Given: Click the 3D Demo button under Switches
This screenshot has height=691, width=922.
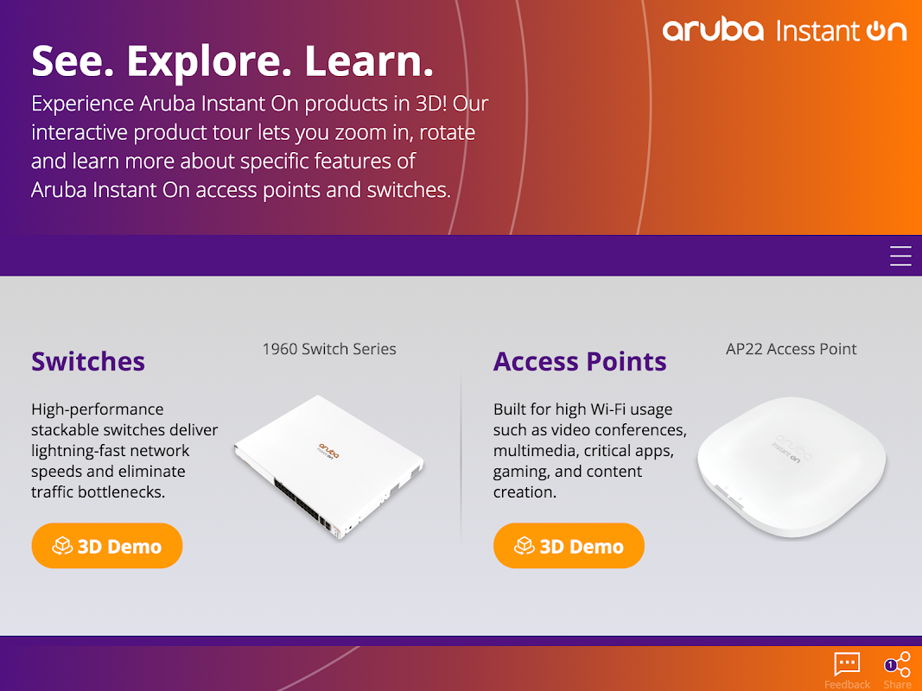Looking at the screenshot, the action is tap(107, 546).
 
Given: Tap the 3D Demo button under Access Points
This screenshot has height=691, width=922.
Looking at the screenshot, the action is tap(569, 546).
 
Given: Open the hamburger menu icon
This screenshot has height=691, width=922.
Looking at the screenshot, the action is tap(900, 257).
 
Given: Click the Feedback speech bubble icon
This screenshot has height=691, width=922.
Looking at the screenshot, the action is tap(847, 664).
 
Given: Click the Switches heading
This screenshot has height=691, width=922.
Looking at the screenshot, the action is tap(88, 361).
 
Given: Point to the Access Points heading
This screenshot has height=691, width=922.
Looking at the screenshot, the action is tap(580, 361).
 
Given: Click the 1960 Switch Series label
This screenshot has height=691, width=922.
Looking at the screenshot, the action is tap(329, 349).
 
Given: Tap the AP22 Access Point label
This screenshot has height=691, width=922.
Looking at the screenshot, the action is tap(791, 349).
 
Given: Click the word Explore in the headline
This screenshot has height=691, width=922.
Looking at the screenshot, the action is tap(209, 60).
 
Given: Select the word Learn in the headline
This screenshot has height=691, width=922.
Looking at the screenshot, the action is tap(369, 60).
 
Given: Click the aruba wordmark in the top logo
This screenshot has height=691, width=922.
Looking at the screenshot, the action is tap(713, 30).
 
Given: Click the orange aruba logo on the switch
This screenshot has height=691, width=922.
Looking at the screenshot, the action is tap(328, 451).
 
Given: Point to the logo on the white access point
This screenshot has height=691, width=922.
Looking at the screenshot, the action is tap(792, 449).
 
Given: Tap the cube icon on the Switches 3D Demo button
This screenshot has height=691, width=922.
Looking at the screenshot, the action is tap(62, 546).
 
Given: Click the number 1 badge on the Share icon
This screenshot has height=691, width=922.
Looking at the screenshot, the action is tap(890, 664).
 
